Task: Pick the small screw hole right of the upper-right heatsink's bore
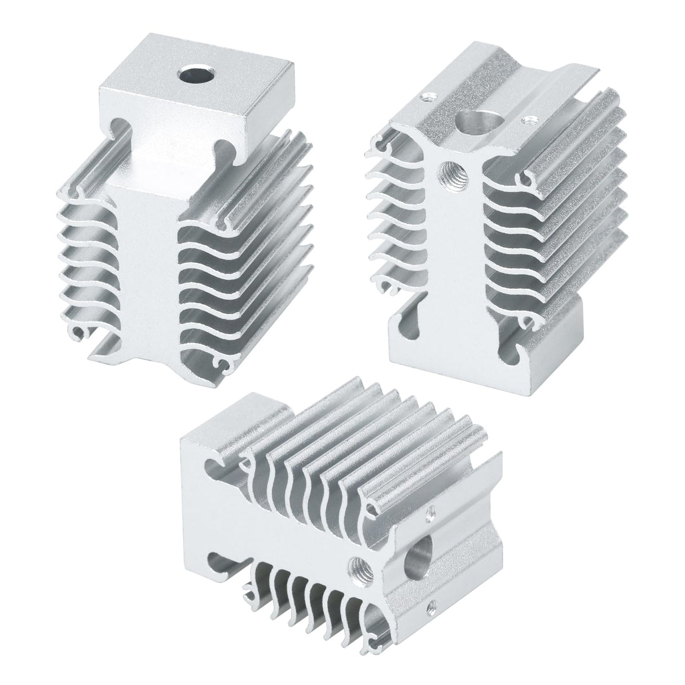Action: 529,119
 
